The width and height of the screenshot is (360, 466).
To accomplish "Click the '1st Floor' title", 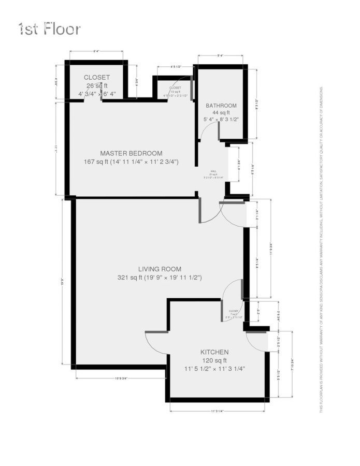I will [50, 28].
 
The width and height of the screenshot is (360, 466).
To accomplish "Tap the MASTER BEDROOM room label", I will [131, 153].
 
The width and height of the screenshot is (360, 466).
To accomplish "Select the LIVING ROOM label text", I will [160, 269].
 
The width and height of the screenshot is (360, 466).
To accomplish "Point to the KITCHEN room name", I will [214, 352].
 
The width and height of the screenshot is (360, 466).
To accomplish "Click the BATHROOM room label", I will [221, 106].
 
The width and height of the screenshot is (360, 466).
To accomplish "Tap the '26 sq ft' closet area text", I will [97, 86].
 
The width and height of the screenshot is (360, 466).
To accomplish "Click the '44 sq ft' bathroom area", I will [221, 112].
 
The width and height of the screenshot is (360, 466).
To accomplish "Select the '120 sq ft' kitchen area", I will [214, 360].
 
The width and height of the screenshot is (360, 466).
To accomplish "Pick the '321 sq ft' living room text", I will [160, 278].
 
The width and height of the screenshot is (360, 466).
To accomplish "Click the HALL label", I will [213, 171].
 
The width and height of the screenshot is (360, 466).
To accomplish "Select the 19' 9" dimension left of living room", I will [63, 283].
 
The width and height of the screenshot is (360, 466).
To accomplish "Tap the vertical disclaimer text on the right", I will [321, 249].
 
